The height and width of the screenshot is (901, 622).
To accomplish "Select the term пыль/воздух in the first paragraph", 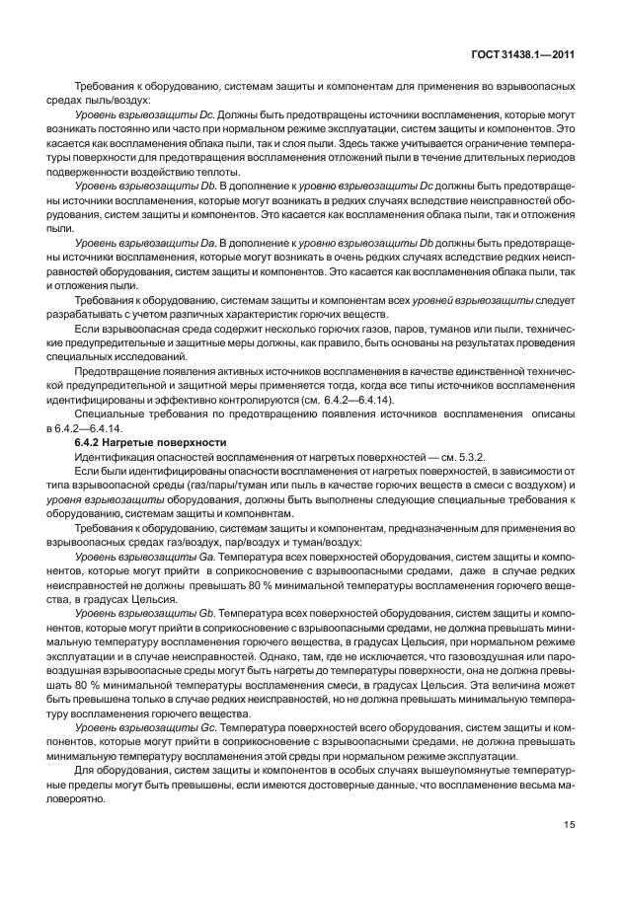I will pyautogui.click(x=121, y=101).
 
